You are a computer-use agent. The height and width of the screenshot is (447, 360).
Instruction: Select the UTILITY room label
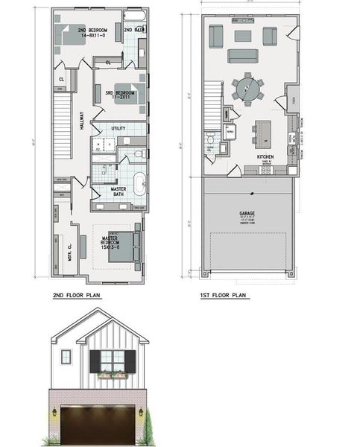(x=118, y=129)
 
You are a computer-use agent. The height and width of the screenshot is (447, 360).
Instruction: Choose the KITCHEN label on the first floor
(x=265, y=157)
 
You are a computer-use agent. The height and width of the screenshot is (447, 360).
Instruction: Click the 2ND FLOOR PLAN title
(x=77, y=295)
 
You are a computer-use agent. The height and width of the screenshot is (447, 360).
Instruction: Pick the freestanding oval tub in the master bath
(x=139, y=182)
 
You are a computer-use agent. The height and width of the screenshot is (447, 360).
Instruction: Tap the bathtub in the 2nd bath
(x=136, y=16)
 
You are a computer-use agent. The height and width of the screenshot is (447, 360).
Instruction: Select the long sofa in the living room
(x=243, y=56)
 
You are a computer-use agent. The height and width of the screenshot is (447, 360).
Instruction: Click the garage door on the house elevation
(x=98, y=425)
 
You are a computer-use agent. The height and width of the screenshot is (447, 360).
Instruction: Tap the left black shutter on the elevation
(x=95, y=361)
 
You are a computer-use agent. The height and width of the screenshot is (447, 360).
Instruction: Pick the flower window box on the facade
(x=113, y=375)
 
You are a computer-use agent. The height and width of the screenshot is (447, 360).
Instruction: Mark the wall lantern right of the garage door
(x=140, y=410)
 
